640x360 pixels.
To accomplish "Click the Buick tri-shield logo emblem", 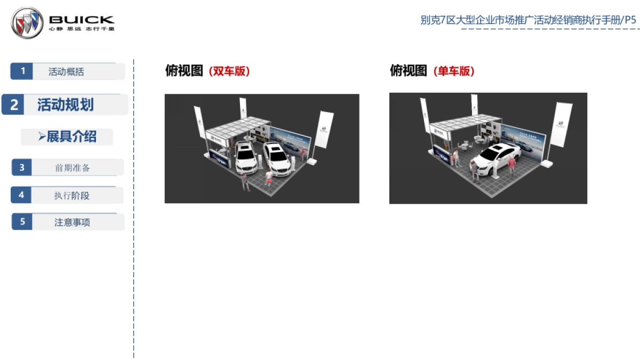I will tap(27, 22).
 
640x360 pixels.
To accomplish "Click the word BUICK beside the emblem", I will tap(82, 20).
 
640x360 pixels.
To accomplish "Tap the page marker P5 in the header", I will tap(630, 20).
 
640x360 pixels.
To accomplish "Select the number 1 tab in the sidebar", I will tap(22, 71).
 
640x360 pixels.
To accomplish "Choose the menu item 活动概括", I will tap(66, 71).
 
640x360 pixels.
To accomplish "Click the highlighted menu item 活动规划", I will tap(66, 105).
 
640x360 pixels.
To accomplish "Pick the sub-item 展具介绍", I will tap(68, 137).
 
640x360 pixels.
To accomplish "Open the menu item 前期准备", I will tap(73, 167).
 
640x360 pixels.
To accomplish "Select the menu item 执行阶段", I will tap(71, 195).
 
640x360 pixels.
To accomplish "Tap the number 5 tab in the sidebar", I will tap(22, 222).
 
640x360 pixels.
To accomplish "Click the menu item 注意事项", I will tap(73, 222).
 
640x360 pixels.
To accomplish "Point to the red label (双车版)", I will tap(229, 71).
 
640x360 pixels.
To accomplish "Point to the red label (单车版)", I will tap(454, 71).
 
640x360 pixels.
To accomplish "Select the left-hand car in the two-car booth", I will tap(245, 155).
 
